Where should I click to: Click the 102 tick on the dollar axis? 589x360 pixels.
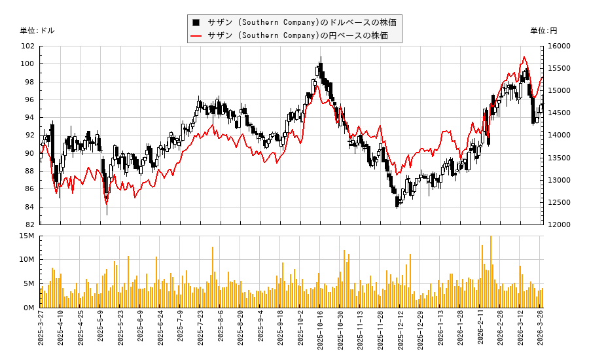pos(27,46)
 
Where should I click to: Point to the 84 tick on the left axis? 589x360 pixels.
pos(29,207)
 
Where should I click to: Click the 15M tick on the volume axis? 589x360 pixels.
pos(27,236)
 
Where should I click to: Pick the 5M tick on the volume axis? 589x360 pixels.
pos(29,283)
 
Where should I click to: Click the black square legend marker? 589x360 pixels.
pos(195,22)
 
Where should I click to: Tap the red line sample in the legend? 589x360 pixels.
pos(195,35)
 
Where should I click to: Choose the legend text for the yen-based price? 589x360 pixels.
pos(298,35)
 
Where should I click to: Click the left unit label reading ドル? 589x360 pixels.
pos(37,31)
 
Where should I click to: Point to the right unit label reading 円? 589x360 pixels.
pos(543,31)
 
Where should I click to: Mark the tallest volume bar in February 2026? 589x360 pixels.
pos(490,237)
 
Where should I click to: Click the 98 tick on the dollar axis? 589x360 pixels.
pos(29,82)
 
